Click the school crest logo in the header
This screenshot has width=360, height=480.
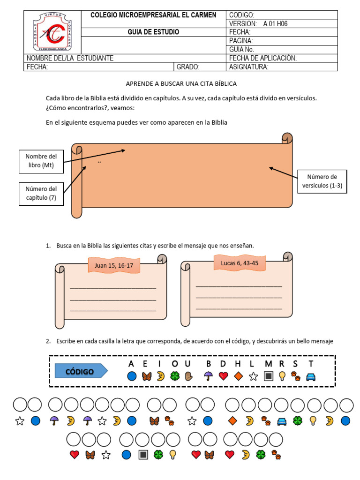(52, 32)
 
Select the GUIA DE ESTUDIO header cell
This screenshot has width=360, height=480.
(153, 32)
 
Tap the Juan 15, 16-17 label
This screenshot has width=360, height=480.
(114, 265)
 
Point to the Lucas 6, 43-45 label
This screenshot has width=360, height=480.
(240, 263)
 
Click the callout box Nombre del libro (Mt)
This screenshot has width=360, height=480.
(41, 161)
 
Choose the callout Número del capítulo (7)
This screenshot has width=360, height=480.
(41, 193)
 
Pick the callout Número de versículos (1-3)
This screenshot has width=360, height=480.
(322, 181)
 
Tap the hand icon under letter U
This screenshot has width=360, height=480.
(189, 376)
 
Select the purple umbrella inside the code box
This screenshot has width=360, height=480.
(208, 376)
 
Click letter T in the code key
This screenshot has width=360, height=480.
(311, 364)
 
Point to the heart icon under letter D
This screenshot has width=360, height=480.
(223, 376)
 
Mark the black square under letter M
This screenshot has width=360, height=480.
(268, 376)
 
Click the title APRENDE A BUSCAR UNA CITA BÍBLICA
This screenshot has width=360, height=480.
(181, 83)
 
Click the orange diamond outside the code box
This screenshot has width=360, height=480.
(233, 421)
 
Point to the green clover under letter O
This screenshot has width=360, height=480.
(174, 376)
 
